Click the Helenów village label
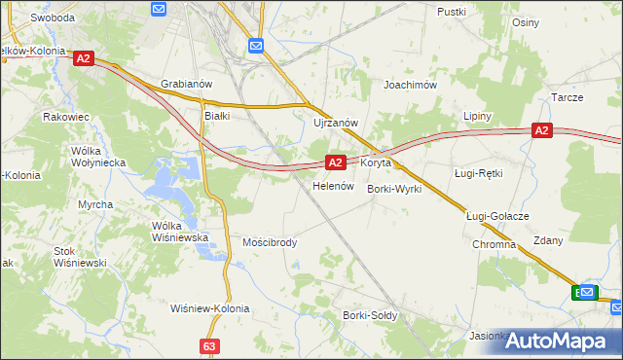tap(331, 185)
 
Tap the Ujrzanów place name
tap(336, 123)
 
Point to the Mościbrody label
tap(270, 241)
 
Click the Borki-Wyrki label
tap(394, 189)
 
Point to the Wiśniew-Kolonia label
tap(209, 308)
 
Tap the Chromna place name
tap(494, 244)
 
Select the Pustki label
tap(452, 12)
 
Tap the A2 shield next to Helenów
tap(335, 162)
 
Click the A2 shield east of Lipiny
tap(542, 130)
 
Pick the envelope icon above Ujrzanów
tap(256, 46)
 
